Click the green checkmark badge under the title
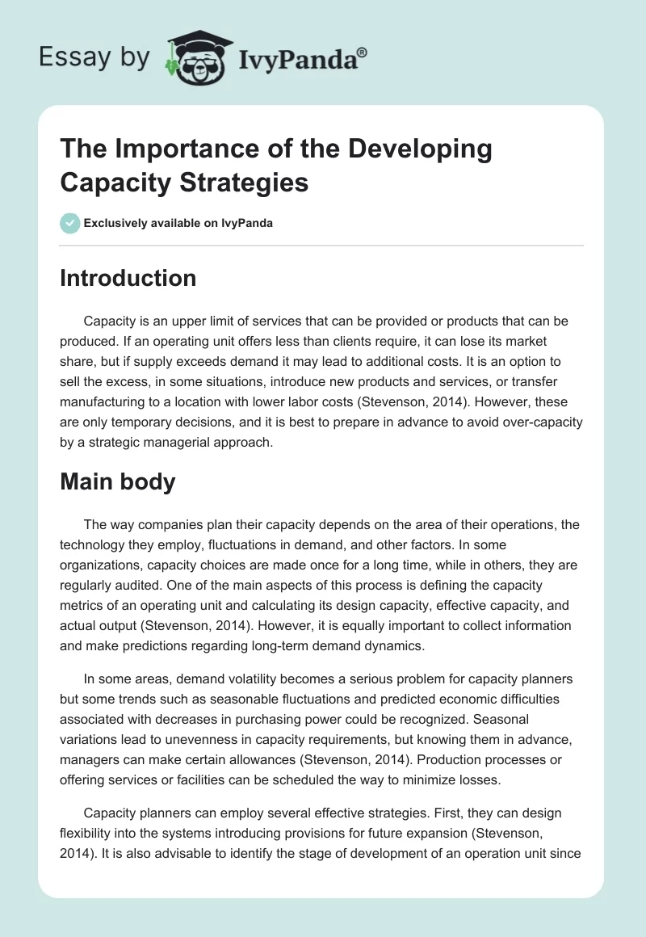[69, 223]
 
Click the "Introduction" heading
[128, 279]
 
